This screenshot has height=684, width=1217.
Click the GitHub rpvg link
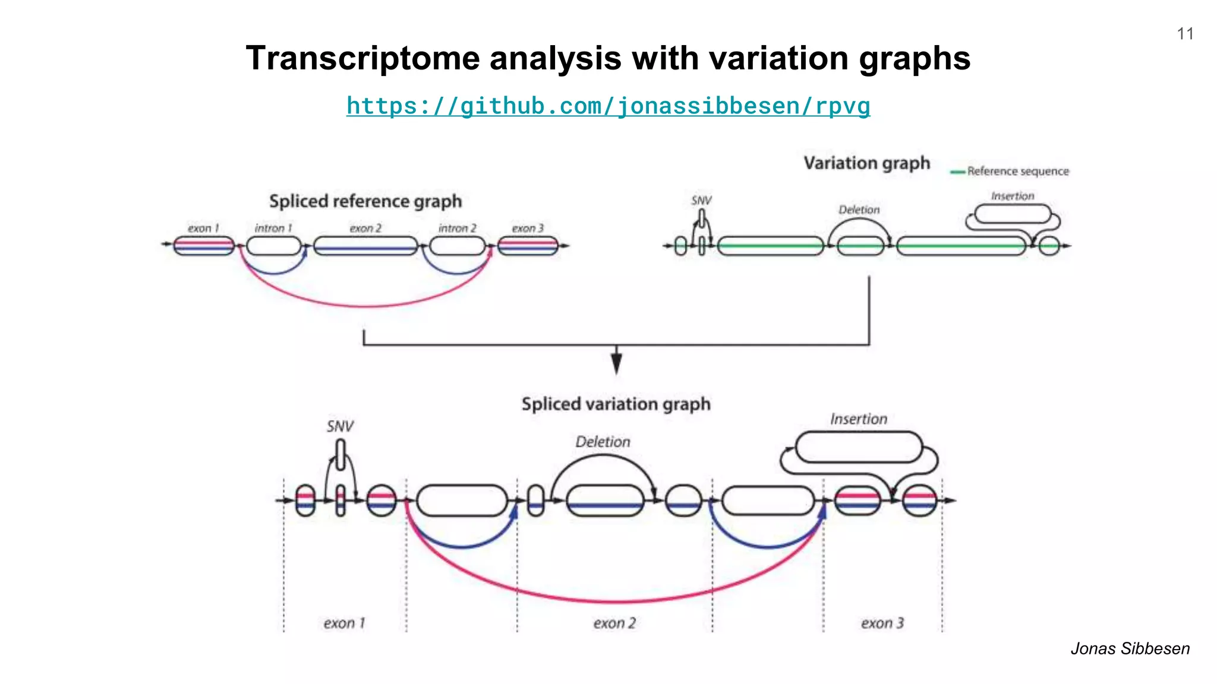608,106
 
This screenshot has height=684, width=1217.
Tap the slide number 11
1185,34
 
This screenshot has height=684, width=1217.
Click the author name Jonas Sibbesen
1130,648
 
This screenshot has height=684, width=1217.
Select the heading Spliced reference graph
365,201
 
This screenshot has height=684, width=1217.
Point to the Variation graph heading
866,163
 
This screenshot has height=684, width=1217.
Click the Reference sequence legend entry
1017,172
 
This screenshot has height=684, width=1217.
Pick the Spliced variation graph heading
616,404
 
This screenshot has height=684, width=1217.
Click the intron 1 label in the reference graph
273,229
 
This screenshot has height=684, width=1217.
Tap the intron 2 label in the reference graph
457,229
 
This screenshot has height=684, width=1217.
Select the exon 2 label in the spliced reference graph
365,229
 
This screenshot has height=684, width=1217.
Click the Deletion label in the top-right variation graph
859,210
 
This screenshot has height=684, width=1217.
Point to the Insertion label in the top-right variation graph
1012,197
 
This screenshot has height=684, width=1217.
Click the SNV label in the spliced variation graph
340,426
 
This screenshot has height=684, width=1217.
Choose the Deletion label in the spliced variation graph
603,442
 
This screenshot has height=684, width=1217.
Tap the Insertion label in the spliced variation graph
858,419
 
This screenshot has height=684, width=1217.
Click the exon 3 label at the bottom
882,623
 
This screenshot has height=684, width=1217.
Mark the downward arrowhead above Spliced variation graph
616,362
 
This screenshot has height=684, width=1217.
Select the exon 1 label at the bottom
344,623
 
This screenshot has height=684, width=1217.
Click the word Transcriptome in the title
362,58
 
